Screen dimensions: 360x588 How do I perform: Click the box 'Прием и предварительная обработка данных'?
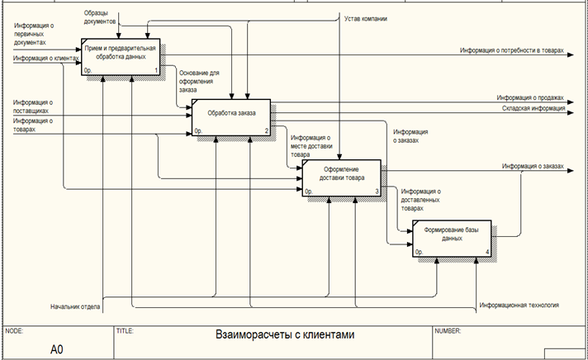coord(121,54)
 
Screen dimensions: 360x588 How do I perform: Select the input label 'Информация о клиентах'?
coord(40,59)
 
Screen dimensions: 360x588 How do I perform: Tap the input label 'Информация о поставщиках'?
coord(33,107)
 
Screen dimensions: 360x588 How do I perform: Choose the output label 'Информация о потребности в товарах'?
coord(512,51)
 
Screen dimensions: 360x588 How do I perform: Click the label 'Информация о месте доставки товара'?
coord(311,146)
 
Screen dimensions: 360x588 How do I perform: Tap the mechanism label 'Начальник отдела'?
coord(75,306)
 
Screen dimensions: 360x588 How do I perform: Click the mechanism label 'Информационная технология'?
coord(519,306)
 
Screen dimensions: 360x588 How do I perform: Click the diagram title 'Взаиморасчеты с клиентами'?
coord(284,335)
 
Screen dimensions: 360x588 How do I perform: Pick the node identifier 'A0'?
coord(56,348)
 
